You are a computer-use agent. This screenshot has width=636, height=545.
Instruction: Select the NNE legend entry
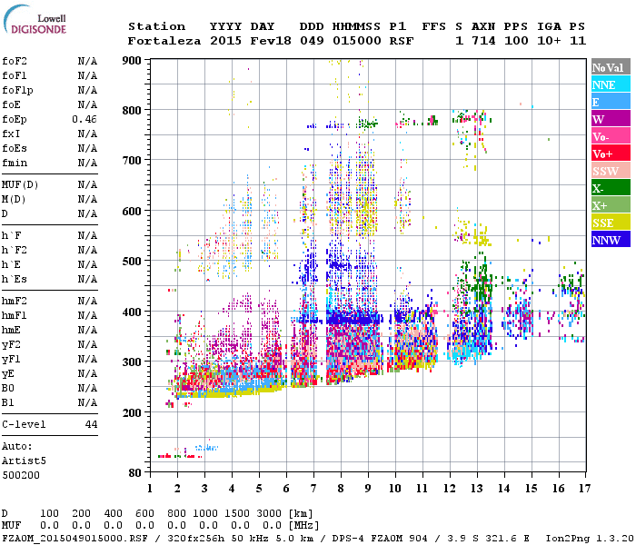click(610, 84)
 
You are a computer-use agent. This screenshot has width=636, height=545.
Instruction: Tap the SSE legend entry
click(610, 223)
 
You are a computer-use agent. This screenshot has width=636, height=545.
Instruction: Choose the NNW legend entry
click(610, 240)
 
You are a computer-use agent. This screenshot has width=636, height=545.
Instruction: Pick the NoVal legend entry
click(610, 67)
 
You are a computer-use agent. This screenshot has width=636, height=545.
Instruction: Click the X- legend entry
click(610, 188)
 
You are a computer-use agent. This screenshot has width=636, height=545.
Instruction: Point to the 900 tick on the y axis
click(133, 61)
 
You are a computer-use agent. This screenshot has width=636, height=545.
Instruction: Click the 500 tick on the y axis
click(133, 262)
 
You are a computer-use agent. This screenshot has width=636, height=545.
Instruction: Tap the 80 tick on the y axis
click(135, 472)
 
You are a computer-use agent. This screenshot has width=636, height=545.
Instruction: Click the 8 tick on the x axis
click(341, 488)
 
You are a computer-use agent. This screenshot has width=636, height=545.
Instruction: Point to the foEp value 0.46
click(84, 119)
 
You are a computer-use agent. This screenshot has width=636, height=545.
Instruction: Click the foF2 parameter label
click(14, 61)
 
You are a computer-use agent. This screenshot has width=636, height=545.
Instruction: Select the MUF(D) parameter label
click(20, 184)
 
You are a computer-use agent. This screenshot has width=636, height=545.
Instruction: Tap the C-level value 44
click(91, 424)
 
